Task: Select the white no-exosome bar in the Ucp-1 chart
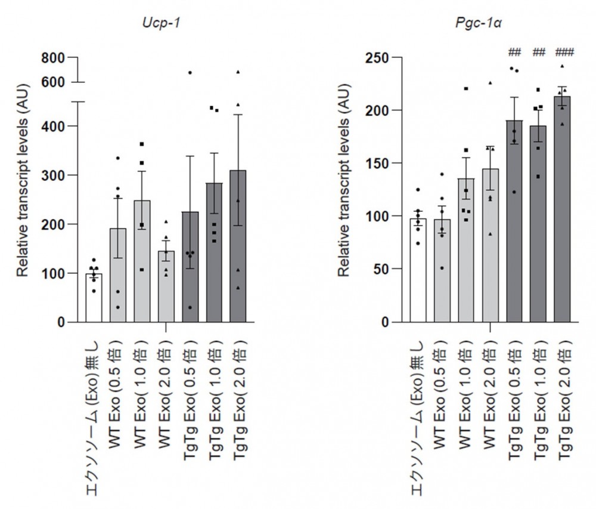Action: point(94,298)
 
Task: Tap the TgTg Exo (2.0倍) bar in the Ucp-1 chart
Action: point(238,251)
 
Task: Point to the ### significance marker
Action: point(563,53)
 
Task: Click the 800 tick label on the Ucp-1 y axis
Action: point(52,58)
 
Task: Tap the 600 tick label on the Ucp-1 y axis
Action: point(52,82)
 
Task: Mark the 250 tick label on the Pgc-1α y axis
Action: point(377,58)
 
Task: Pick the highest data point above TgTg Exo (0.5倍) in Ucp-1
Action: point(190,73)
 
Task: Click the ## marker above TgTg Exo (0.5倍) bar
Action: point(514,53)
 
